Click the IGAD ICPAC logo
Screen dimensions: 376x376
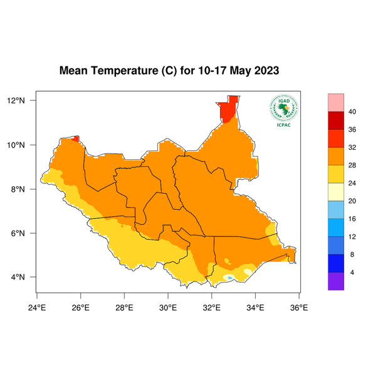[x=283, y=111]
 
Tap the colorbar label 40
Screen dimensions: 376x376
[x=353, y=112]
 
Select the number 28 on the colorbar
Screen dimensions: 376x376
[x=353, y=165]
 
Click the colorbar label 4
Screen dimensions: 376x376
[x=352, y=273]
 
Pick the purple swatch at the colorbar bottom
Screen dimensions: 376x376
[x=337, y=281]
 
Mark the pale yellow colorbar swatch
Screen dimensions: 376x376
[x=337, y=192]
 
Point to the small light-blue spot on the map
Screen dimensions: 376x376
[x=231, y=277]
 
